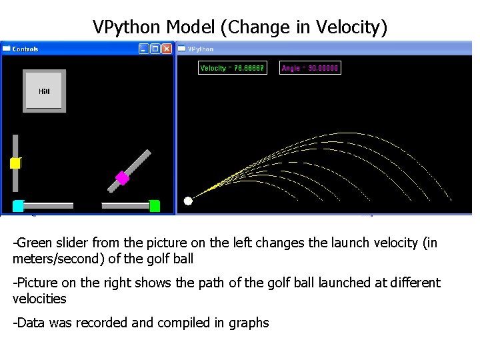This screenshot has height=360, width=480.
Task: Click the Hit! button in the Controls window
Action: [44, 91]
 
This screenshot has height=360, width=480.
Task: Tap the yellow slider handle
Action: [15, 163]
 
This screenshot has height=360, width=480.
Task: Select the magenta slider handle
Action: [122, 177]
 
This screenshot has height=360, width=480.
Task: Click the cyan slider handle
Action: [19, 206]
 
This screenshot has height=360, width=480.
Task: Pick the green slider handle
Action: [154, 206]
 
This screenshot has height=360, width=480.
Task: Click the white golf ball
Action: [188, 201]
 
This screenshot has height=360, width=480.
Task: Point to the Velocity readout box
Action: [233, 68]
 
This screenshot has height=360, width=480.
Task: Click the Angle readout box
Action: [310, 68]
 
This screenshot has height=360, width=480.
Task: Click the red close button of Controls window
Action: [167, 49]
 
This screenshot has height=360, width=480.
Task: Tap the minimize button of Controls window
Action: [143, 49]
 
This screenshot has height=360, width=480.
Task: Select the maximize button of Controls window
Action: [155, 49]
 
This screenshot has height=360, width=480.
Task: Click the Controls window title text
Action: [25, 49]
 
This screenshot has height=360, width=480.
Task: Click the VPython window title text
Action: [201, 49]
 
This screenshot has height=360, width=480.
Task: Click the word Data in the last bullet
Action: [31, 323]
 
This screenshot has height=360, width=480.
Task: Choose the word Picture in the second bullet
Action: [38, 283]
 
